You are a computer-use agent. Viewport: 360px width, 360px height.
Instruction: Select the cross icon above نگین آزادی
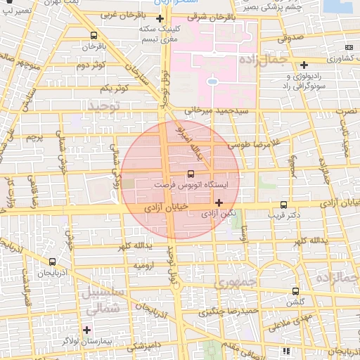[219, 202]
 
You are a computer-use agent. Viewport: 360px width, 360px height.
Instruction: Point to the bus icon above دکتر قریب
[284, 200]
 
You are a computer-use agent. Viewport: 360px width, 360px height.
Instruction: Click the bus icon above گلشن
[295, 291]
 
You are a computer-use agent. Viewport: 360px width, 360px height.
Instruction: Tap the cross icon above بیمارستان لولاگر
[87, 329]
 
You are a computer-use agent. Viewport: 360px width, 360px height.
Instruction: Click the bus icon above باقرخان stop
[94, 35]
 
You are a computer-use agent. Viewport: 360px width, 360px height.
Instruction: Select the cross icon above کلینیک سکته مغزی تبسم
[160, 18]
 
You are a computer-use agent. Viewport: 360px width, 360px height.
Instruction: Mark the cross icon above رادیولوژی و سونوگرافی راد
[303, 65]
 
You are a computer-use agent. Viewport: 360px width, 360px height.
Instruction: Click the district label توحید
[103, 105]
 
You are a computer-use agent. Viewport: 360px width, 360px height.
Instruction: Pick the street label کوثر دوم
[90, 65]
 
